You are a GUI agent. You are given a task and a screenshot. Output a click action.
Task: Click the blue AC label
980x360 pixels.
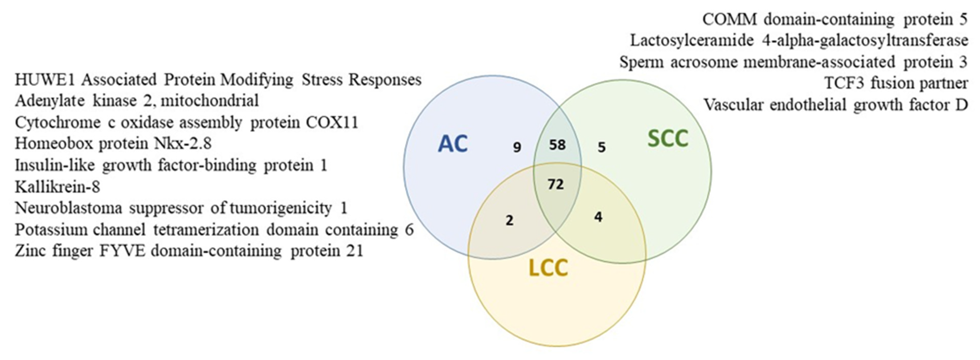(x=453, y=144)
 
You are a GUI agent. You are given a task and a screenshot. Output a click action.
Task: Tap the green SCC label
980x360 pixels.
(x=668, y=139)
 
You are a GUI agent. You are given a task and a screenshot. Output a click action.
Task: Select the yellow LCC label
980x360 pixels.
(x=548, y=268)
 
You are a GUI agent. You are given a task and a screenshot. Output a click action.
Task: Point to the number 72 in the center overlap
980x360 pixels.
(x=556, y=184)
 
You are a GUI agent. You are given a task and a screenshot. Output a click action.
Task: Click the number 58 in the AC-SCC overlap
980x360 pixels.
(x=557, y=145)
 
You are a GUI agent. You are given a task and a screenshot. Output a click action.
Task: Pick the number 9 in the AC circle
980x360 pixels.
(x=517, y=147)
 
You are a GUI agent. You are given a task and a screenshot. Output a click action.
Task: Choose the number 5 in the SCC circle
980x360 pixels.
(x=601, y=147)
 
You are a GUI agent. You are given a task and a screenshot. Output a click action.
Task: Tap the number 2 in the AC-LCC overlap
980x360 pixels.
(x=509, y=220)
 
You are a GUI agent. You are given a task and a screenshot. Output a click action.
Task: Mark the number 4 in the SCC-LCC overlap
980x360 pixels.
(x=598, y=217)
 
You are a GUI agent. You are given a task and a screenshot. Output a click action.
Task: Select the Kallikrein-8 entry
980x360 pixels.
(x=57, y=187)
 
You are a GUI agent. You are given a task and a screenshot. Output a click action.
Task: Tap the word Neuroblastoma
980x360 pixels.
(x=69, y=208)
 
